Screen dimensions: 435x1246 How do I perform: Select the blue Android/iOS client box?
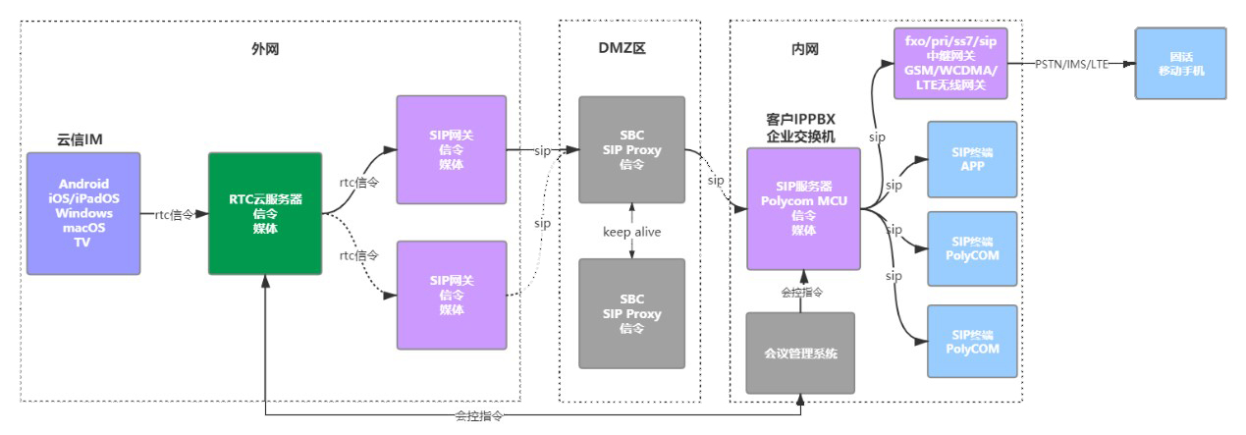(83, 213)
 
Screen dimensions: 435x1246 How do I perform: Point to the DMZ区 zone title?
(630, 46)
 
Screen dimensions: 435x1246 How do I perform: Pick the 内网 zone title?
(804, 46)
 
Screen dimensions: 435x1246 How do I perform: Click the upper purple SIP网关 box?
(451, 149)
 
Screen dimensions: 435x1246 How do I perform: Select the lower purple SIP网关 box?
(451, 295)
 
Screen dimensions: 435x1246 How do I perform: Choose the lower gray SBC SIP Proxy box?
(630, 313)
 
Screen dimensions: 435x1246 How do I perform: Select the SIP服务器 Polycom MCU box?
(803, 208)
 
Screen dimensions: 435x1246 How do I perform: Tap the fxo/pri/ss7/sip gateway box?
(950, 63)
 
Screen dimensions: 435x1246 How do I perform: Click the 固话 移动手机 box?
(1180, 63)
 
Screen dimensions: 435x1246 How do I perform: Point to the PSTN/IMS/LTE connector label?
(1072, 63)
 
